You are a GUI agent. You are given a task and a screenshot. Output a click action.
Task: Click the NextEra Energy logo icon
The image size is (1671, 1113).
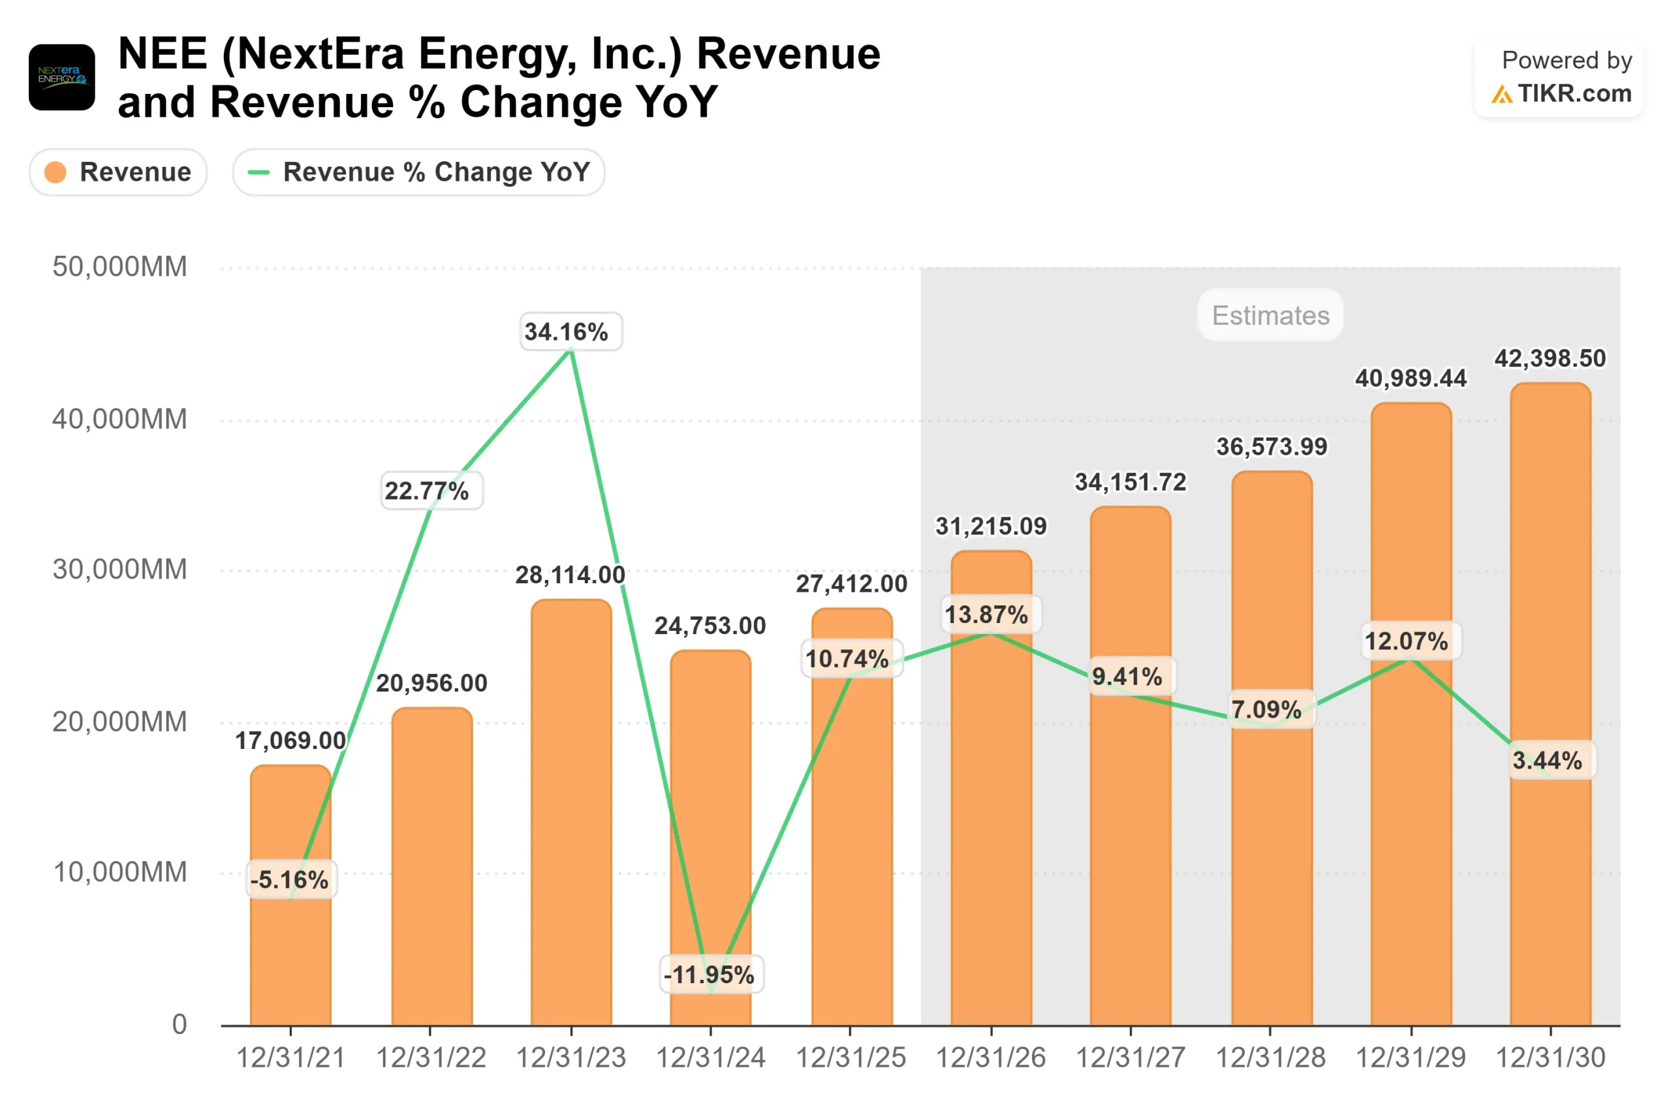[62, 78]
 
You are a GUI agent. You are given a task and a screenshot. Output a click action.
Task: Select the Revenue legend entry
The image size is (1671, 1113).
[118, 172]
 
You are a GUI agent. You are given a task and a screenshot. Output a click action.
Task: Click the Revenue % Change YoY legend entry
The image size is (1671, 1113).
[418, 172]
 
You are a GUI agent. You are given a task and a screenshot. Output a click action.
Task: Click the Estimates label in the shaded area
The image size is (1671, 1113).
[1270, 315]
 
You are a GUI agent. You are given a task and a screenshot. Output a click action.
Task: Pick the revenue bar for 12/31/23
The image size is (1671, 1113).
[571, 816]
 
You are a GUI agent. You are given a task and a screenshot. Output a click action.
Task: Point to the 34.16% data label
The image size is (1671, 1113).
[566, 331]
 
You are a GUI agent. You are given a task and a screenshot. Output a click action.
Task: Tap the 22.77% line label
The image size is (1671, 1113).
[427, 491]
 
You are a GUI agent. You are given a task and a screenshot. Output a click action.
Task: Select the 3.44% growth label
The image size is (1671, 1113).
[1547, 760]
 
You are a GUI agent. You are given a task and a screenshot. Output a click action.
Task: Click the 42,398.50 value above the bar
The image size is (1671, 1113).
[1550, 358]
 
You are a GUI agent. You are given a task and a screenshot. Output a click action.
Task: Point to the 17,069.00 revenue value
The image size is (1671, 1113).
[290, 740]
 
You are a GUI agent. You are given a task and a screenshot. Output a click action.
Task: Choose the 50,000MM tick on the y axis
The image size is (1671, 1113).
[119, 267]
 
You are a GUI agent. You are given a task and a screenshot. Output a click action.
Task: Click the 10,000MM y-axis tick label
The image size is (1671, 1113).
[119, 872]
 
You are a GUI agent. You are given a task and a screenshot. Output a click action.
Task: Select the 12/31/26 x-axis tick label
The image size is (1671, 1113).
[990, 1058]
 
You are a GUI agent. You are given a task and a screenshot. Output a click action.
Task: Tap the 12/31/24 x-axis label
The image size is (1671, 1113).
[710, 1058]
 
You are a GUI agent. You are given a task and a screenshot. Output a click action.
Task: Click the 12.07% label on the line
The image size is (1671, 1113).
[1406, 641]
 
